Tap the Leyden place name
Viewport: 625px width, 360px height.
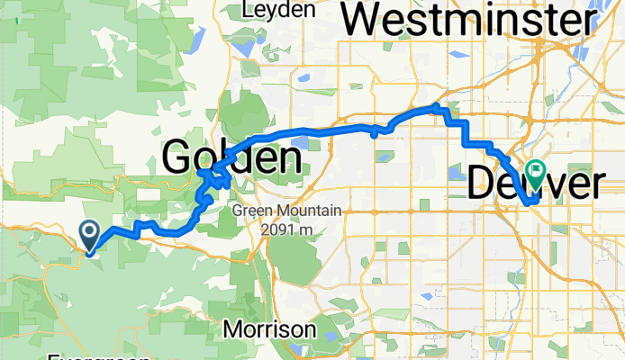(x=278, y=10)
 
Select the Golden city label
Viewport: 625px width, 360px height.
(x=231, y=158)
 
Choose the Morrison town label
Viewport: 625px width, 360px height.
(x=268, y=329)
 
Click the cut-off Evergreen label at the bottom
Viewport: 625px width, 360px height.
(x=99, y=357)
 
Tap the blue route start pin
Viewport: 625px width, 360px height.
(x=91, y=236)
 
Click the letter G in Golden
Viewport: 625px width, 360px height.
(x=178, y=158)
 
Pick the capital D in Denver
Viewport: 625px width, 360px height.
(x=484, y=184)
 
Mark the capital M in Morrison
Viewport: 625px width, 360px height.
(x=231, y=329)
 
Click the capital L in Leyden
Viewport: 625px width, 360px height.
(x=248, y=10)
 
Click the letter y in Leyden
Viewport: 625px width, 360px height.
(x=268, y=12)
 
